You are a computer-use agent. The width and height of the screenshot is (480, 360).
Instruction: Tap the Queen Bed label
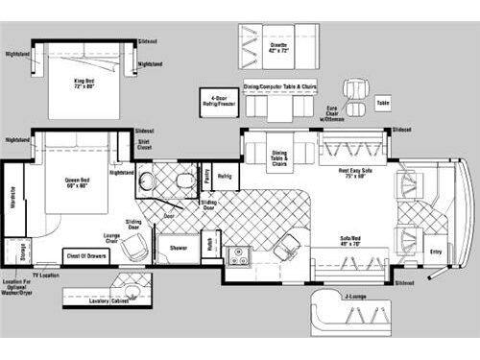77,182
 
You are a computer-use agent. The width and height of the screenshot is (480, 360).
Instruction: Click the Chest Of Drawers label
85,255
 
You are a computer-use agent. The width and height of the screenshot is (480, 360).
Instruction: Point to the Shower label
179,247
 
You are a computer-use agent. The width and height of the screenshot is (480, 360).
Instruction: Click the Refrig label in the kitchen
224,177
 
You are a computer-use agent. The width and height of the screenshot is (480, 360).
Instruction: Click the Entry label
435,252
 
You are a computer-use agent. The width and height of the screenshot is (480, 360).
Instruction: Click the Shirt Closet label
144,146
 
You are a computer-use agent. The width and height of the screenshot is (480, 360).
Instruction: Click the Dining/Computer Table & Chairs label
279,87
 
